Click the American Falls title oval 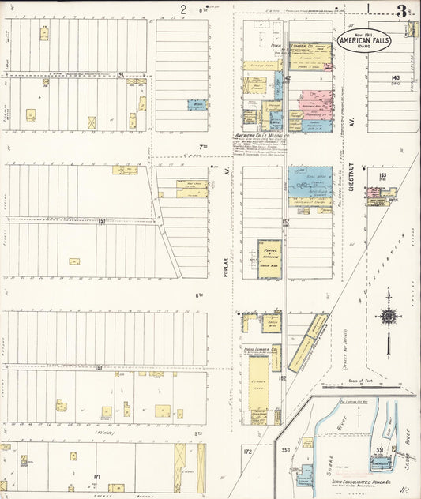363,41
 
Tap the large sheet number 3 402,11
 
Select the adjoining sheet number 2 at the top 182,10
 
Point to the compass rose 388,317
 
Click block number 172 246,451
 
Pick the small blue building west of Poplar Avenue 196,104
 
